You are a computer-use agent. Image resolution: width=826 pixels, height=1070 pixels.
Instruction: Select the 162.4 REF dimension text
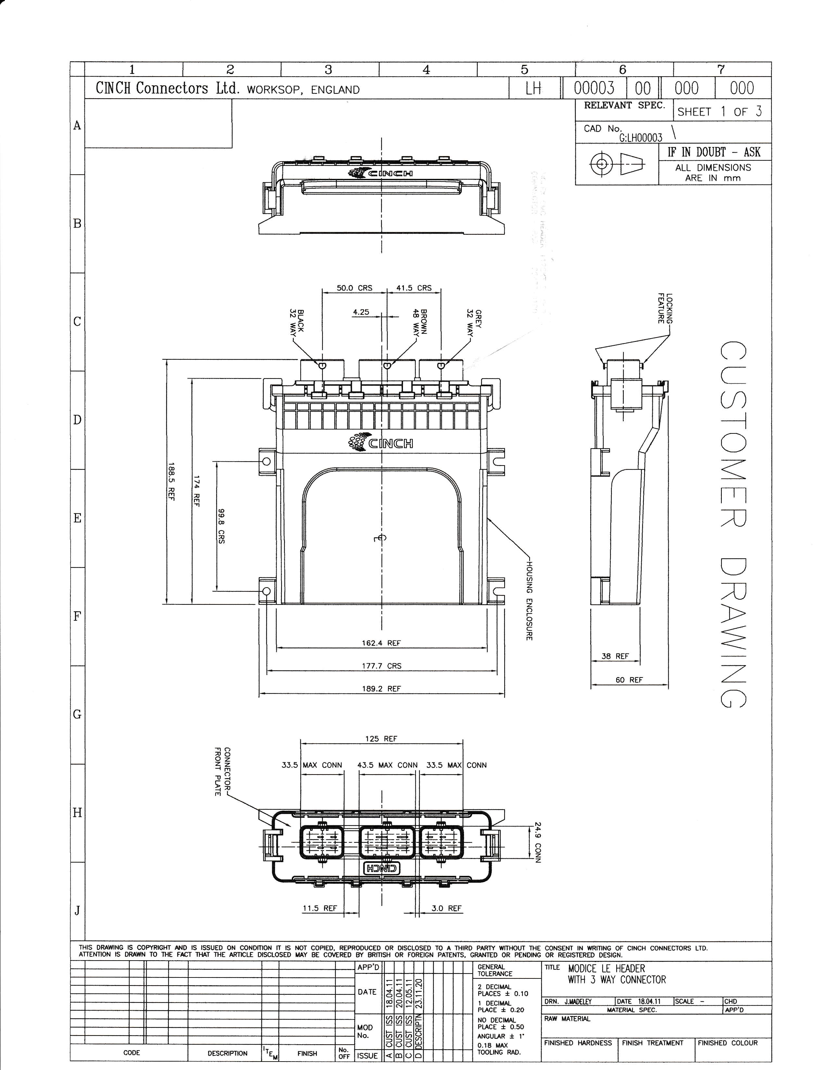pos(381,643)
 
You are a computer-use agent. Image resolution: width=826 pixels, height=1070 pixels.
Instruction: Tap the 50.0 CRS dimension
pos(354,288)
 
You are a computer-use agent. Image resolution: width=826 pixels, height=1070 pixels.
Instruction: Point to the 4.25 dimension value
pos(361,312)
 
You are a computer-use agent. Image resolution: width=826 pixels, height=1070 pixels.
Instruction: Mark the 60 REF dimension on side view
pos(629,680)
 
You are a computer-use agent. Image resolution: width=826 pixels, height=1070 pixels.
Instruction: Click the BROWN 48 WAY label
pos(420,322)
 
